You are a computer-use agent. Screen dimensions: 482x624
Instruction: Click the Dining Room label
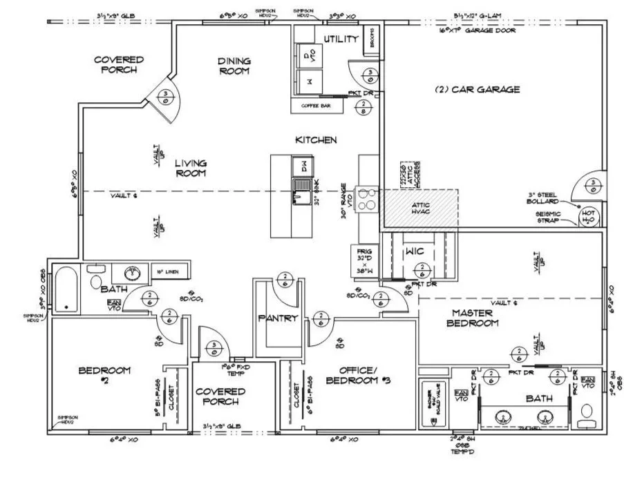click(234, 66)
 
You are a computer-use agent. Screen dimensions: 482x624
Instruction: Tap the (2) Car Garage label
click(477, 90)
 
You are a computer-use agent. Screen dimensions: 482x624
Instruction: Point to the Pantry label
click(277, 318)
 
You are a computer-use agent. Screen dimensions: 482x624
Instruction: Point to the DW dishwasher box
click(301, 166)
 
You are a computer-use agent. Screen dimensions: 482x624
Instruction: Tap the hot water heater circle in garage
click(589, 217)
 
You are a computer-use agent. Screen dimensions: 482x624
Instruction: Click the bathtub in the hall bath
click(67, 289)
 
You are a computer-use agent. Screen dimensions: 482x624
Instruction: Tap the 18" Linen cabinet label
click(165, 272)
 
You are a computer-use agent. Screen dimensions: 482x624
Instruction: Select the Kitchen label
click(316, 140)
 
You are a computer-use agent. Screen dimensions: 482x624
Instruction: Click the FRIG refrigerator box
click(363, 261)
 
